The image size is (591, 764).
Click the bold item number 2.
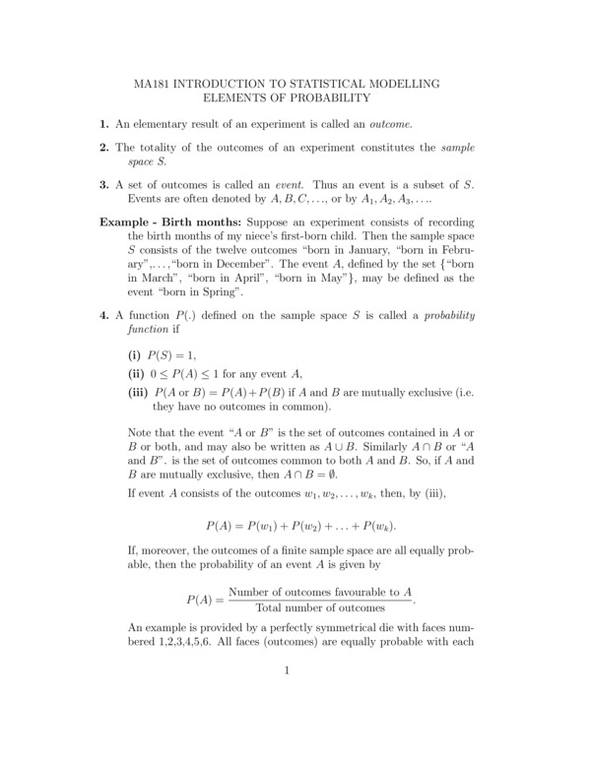click(x=103, y=148)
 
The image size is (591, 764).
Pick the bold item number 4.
click(x=103, y=315)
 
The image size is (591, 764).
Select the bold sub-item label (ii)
click(x=136, y=373)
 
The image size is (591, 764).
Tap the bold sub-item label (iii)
click(x=138, y=392)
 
